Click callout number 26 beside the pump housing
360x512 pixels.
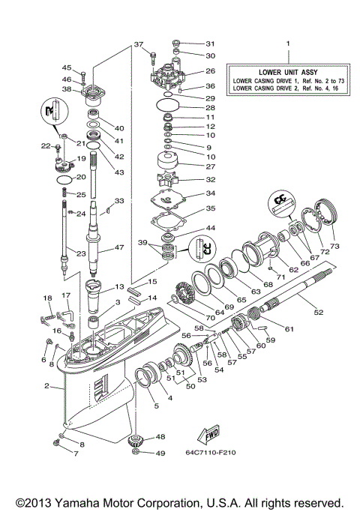pyautogui.click(x=210, y=72)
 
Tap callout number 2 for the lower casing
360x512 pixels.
pyautogui.click(x=46, y=387)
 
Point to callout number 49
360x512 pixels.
pyautogui.click(x=161, y=454)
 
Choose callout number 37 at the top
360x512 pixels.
pyautogui.click(x=139, y=45)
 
